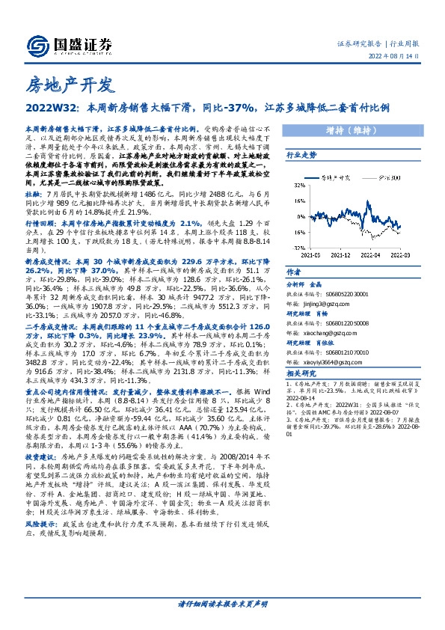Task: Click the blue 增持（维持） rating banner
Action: (x=355, y=129)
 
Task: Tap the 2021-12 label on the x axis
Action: (x=343, y=254)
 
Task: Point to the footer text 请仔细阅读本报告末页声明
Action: (x=222, y=604)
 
